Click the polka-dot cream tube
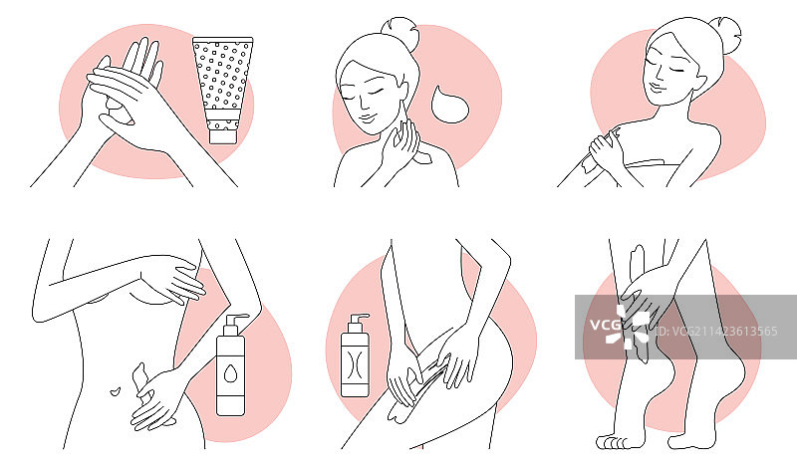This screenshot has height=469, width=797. (223, 90)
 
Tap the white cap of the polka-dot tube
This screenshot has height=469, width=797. (223, 136)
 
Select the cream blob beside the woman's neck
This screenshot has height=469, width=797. (449, 105)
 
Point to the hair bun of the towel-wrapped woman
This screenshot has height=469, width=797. (725, 34)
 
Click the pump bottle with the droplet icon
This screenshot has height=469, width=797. (231, 364)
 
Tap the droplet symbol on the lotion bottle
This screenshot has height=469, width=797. (230, 373)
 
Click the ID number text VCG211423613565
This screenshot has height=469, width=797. (716, 332)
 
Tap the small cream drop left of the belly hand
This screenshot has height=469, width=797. (116, 391)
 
